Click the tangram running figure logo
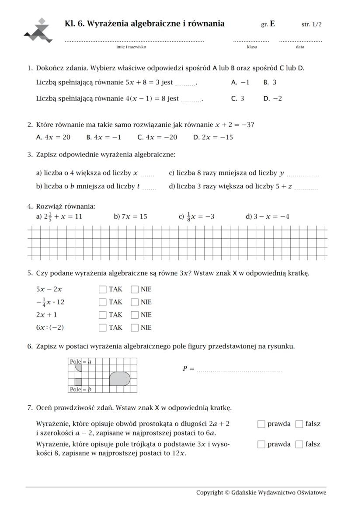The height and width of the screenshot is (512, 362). coord(38,31)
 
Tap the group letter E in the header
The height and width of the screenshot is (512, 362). coord(272,24)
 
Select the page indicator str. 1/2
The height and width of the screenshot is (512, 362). coord(311,24)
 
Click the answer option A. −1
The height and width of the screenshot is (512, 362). coord(240,82)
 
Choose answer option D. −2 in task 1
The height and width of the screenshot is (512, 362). coord(273,98)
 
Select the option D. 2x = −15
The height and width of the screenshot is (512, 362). coord(213,137)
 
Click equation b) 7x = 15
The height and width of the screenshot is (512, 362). coord(130,216)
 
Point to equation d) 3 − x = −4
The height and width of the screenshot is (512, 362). coord(268,216)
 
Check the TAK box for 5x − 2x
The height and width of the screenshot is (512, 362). coord(103,289)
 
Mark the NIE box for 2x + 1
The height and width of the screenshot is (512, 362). coord(135,314)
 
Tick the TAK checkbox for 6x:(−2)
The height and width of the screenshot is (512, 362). coord(103,327)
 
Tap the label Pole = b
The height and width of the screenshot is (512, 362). coord(80,389)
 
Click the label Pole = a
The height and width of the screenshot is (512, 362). coord(80,362)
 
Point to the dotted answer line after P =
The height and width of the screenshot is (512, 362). coord(240,371)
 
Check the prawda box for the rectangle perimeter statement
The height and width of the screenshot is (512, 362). coord(261,424)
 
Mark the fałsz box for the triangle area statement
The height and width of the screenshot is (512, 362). coord(299,444)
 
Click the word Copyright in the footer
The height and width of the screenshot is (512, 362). coord(209,493)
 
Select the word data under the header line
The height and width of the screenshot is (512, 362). coord(300,47)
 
